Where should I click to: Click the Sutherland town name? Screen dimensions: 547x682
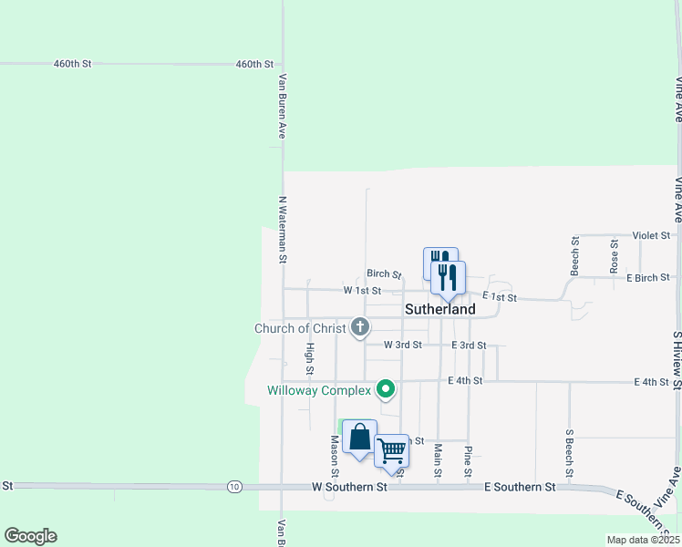click(439, 309)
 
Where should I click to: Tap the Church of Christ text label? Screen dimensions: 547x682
click(300, 328)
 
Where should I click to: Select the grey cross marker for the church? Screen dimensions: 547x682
click(360, 326)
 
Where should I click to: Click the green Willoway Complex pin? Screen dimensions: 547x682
click(386, 390)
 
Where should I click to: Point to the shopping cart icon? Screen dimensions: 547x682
click(392, 449)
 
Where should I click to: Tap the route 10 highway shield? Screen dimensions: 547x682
click(235, 487)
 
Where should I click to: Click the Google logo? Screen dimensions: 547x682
click(30, 536)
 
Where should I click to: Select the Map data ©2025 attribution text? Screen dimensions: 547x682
click(643, 540)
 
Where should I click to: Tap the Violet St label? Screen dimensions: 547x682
click(651, 235)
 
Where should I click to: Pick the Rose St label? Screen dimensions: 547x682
click(615, 256)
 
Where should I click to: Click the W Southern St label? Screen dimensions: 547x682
click(349, 488)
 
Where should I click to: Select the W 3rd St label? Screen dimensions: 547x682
click(403, 345)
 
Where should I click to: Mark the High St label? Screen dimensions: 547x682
click(310, 359)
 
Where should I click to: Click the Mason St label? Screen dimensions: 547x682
click(335, 456)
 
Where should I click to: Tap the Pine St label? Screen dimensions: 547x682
click(468, 461)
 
